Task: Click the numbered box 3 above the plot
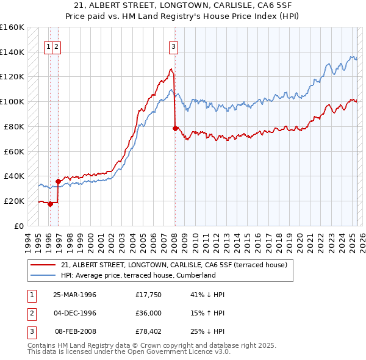174,46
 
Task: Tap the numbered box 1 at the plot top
48,46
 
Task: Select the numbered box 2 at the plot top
56,46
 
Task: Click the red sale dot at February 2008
175,128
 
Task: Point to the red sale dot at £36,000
59,181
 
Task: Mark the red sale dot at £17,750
51,204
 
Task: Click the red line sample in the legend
43,265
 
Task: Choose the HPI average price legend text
138,275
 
